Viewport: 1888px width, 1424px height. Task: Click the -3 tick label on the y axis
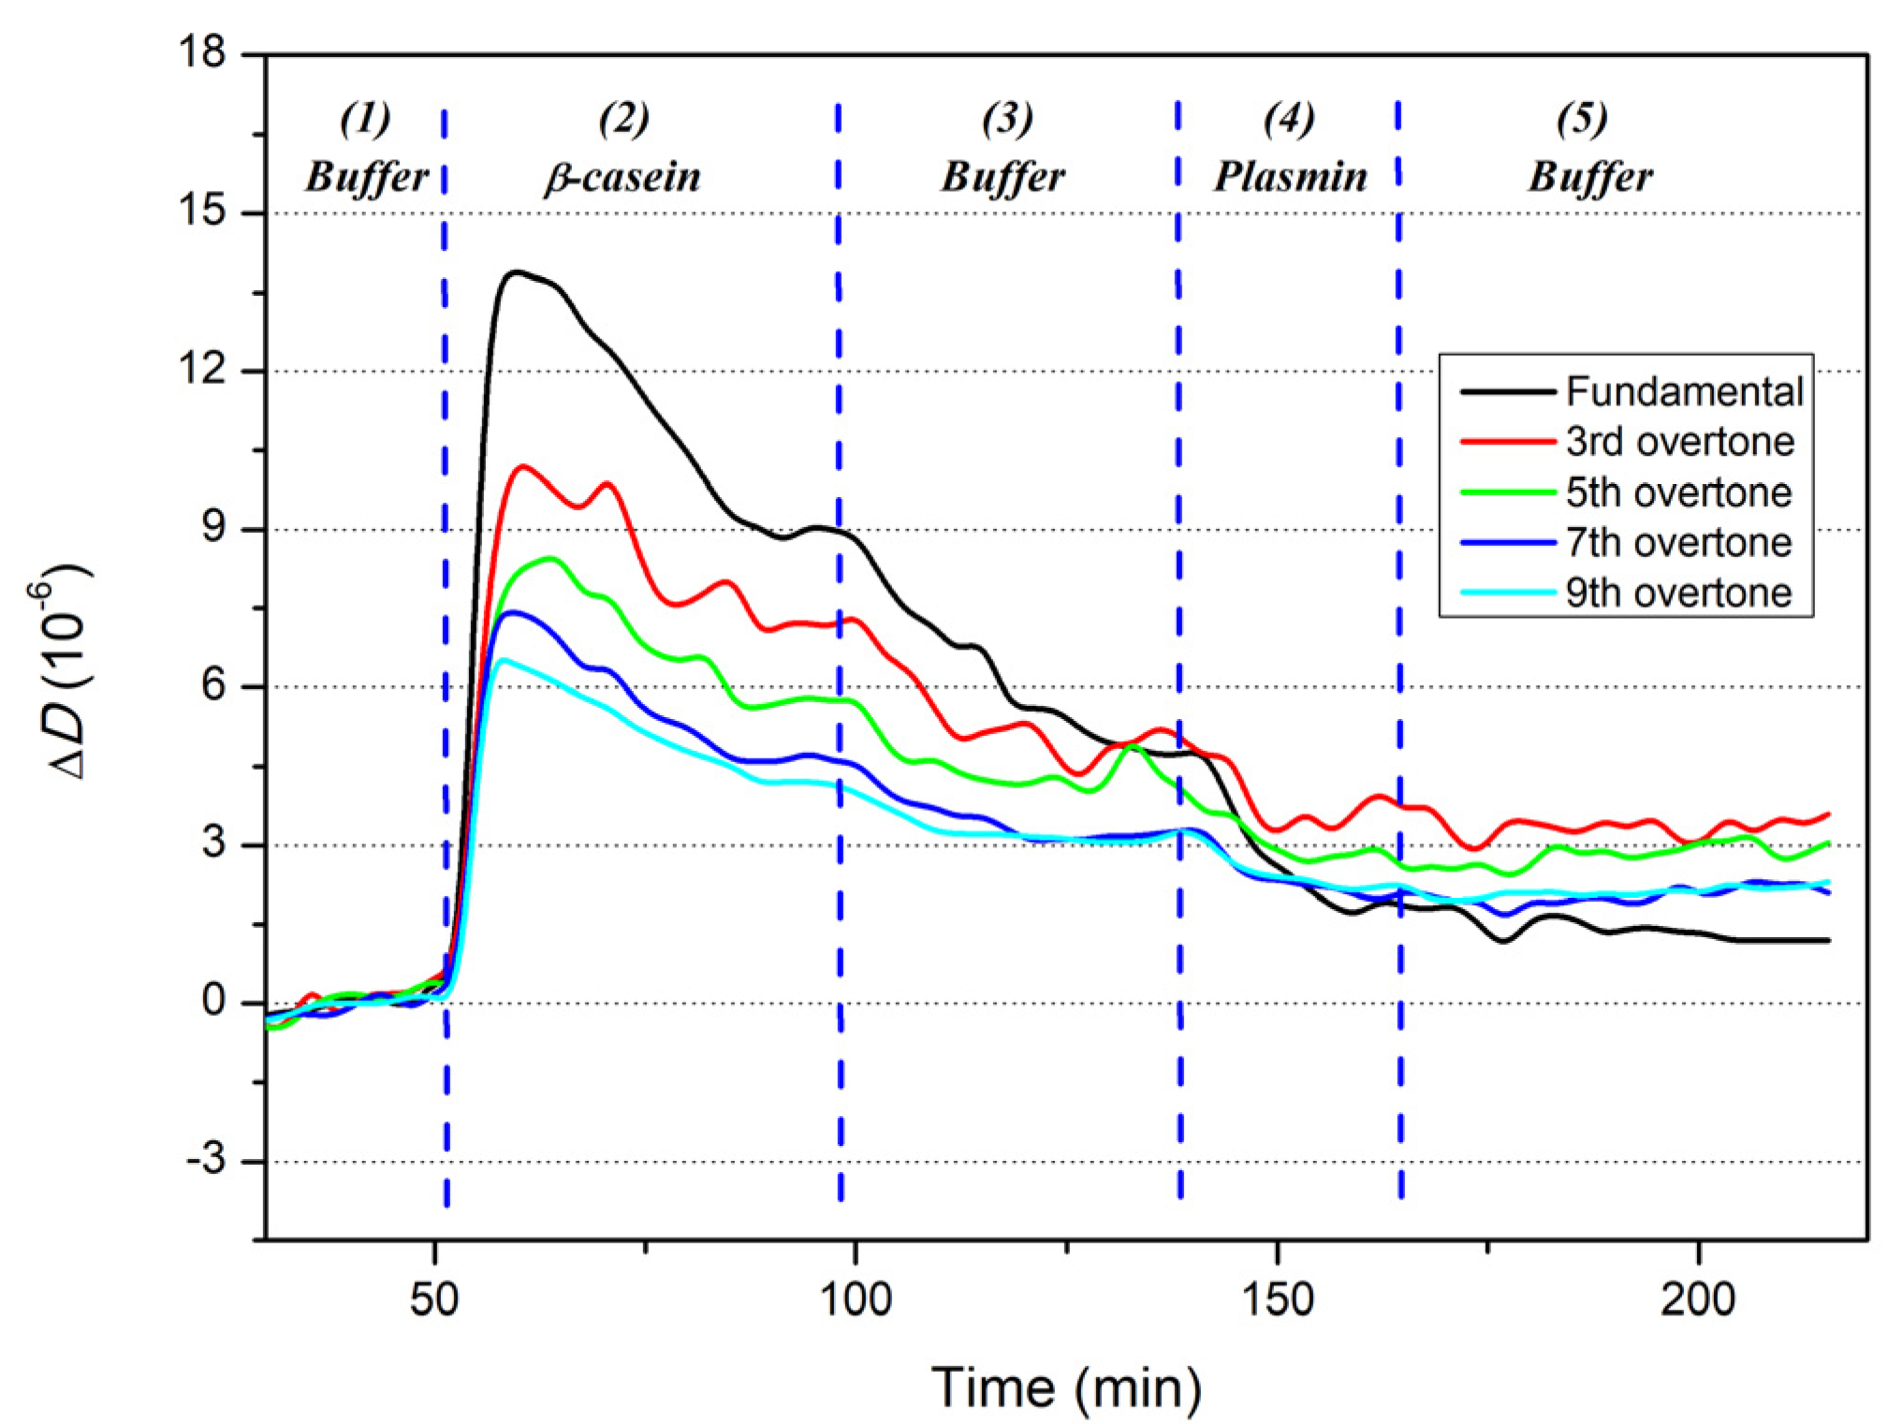(x=206, y=1160)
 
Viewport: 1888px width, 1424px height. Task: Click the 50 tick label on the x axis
(x=434, y=1299)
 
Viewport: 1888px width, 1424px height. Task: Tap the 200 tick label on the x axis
(x=1698, y=1299)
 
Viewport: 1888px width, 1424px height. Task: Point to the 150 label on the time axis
(x=1277, y=1299)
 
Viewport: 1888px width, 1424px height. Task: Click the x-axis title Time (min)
(x=1066, y=1387)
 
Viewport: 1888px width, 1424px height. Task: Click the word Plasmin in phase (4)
(x=1290, y=176)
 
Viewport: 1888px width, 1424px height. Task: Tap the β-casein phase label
(x=622, y=176)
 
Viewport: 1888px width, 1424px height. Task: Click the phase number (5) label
(x=1582, y=118)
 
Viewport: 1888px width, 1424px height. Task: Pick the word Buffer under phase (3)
(x=1003, y=176)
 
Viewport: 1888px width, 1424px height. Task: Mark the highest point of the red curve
(x=522, y=465)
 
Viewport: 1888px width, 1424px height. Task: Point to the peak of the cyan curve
(x=503, y=660)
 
